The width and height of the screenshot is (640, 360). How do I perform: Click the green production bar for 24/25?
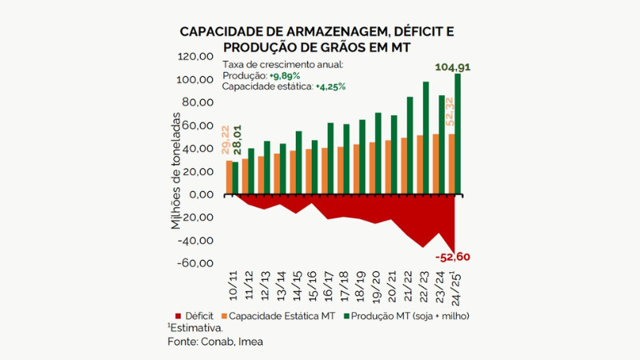458,134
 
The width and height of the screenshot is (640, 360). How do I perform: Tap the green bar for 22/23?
426,138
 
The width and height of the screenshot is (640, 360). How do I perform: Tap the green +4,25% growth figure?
330,87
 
